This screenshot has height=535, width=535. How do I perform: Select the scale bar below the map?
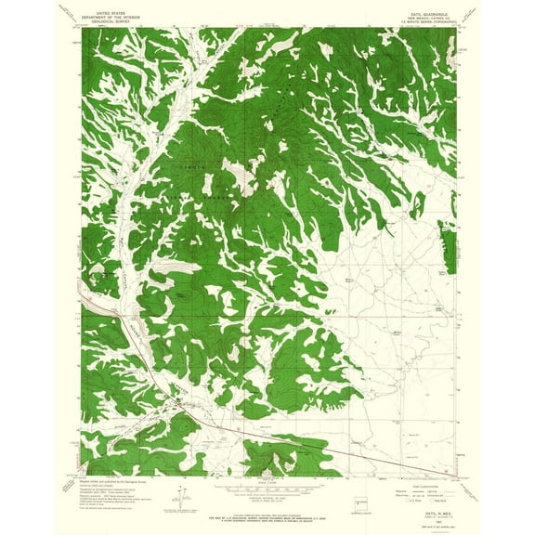(267, 483)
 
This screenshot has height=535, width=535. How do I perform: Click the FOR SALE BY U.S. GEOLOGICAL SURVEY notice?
(267, 512)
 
